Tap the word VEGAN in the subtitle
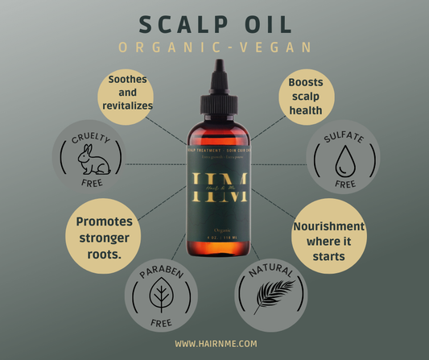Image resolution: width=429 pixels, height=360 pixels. (x=274, y=48)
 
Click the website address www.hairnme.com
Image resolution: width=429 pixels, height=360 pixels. (x=215, y=344)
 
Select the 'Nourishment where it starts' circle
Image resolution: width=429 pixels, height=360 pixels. (x=327, y=241)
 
